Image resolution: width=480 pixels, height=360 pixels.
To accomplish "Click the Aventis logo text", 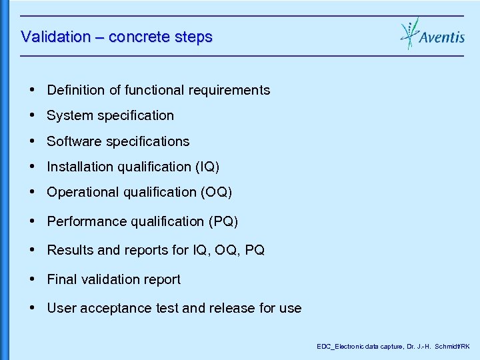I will point(442,37).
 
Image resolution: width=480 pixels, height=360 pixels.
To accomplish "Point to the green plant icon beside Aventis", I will point(409,33).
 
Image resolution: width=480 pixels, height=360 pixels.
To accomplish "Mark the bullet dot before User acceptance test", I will point(33,308).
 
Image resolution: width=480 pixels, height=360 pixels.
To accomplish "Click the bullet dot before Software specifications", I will point(33,141).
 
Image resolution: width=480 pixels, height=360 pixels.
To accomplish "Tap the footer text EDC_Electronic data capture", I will point(356,347).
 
